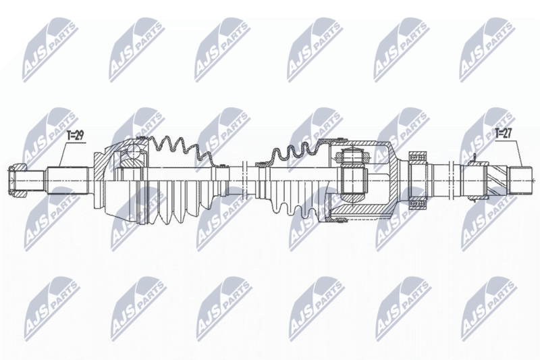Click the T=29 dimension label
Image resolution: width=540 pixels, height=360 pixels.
click(x=76, y=136)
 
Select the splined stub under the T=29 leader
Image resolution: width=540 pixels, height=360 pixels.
click(x=67, y=180)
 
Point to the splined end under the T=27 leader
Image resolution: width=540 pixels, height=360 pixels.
click(x=521, y=180)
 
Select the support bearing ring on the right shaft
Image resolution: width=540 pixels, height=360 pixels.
click(x=417, y=180)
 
